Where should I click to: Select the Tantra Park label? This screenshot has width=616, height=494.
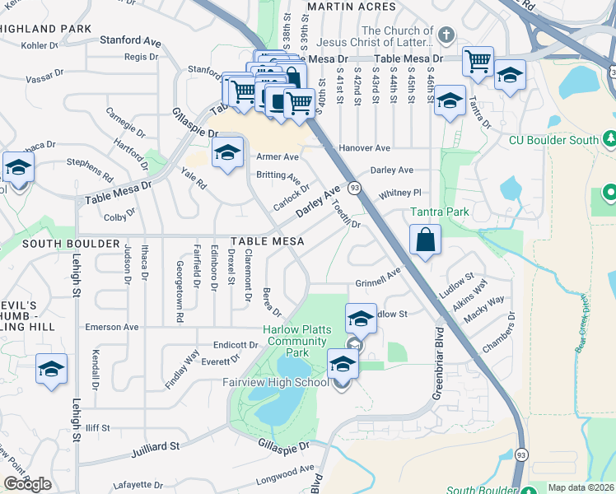(x=440, y=212)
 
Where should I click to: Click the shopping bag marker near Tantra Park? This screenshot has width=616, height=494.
(x=425, y=241)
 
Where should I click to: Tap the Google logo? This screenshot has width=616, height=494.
(x=27, y=484)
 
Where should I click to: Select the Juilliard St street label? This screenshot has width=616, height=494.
(x=155, y=449)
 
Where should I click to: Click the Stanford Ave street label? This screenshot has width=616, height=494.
(x=130, y=40)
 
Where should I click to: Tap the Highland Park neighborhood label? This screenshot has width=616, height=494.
(x=45, y=29)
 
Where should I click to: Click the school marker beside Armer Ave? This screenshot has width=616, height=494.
(x=228, y=152)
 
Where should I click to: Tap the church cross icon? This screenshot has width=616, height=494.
(x=446, y=35)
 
